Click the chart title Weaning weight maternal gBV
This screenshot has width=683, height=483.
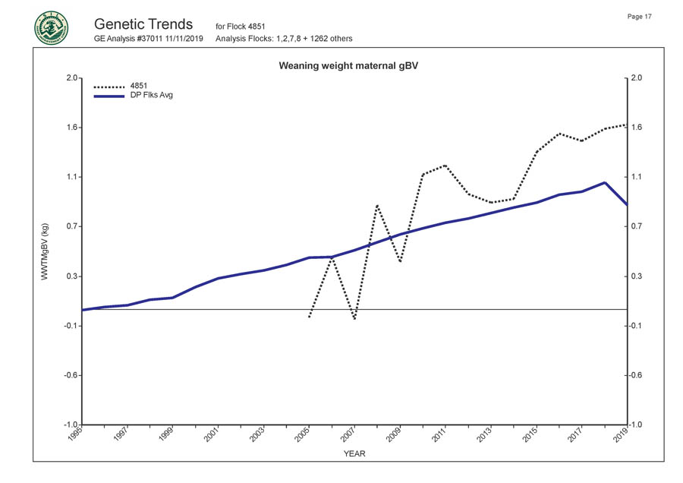click(x=349, y=66)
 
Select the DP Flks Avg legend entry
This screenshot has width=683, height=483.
click(x=152, y=96)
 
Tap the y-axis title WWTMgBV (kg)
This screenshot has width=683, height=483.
click(x=46, y=251)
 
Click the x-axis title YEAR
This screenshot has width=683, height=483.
click(x=354, y=454)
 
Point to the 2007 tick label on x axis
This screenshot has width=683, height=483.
click(x=349, y=437)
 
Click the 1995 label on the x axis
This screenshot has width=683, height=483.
click(x=77, y=437)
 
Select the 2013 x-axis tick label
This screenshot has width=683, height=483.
click(x=485, y=437)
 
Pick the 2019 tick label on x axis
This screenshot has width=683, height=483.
click(x=622, y=437)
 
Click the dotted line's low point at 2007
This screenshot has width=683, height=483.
click(x=354, y=319)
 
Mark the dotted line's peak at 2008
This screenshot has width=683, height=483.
click(x=377, y=205)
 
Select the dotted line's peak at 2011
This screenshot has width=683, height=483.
click(x=445, y=165)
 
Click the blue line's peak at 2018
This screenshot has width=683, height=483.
click(x=604, y=182)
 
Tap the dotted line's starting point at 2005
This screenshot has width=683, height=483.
click(x=309, y=317)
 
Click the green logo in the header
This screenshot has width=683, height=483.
click(x=51, y=29)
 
